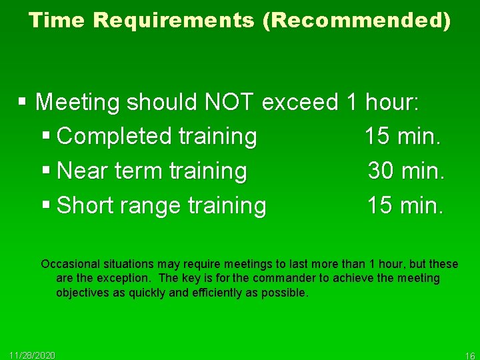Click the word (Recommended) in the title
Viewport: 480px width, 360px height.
click(357, 21)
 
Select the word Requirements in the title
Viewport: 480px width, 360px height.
click(174, 21)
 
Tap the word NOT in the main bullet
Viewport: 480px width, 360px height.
click(229, 102)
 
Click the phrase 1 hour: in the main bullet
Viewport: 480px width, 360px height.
click(383, 102)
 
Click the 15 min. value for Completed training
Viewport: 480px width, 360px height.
click(403, 137)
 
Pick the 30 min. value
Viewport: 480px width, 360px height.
click(405, 171)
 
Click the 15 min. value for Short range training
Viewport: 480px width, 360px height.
click(405, 205)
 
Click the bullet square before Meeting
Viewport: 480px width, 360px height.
click(23, 102)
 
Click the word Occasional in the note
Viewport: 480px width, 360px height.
click(69, 265)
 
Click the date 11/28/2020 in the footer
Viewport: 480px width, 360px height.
click(33, 354)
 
